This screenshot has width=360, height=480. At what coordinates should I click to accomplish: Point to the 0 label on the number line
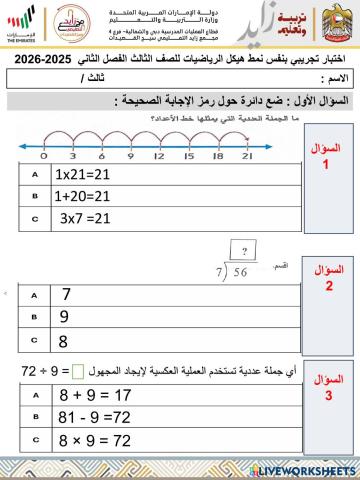pos(44,156)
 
